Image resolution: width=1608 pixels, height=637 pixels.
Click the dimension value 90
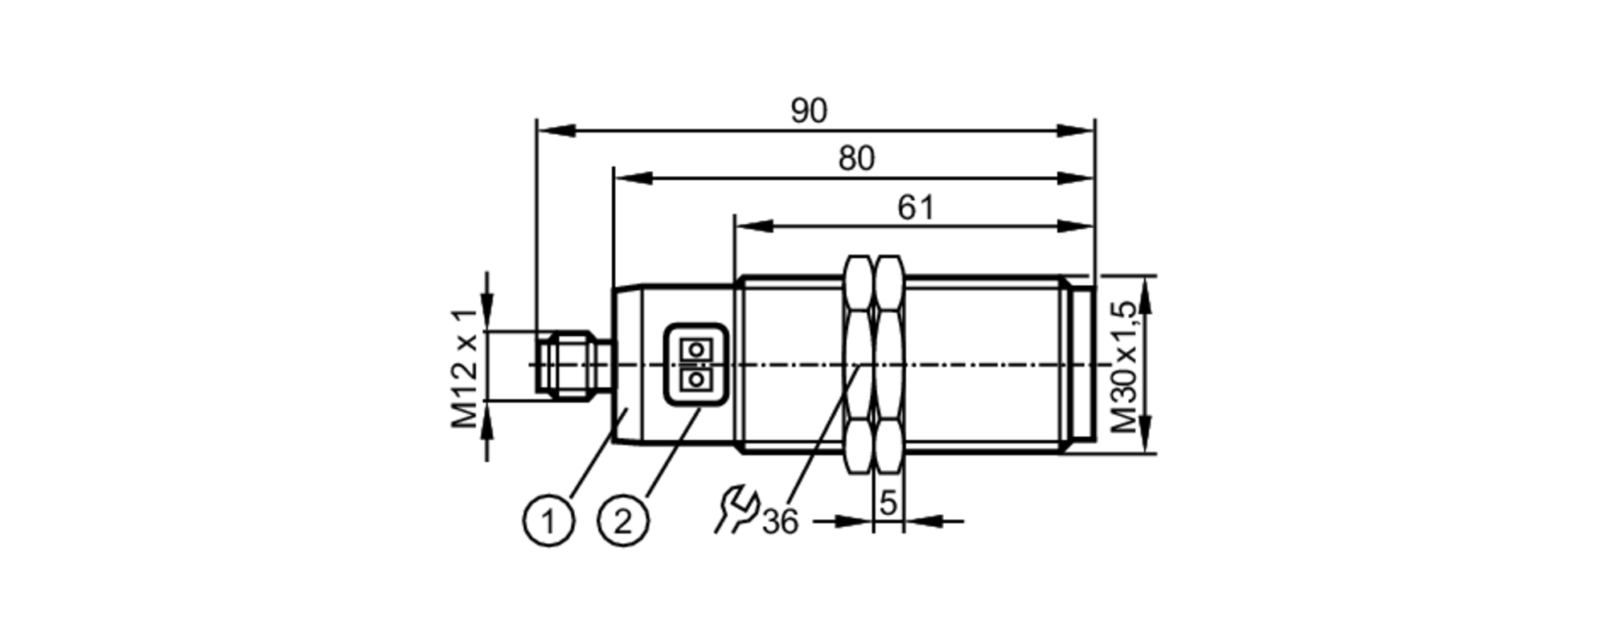pyautogui.click(x=808, y=112)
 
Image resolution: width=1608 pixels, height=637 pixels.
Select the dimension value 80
pyautogui.click(x=855, y=159)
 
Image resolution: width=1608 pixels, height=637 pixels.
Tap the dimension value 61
pyautogui.click(x=916, y=208)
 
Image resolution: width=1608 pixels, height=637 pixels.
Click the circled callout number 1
pyautogui.click(x=549, y=522)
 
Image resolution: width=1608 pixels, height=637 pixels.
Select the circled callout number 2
pyautogui.click(x=623, y=522)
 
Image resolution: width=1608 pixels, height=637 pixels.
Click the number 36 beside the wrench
pyautogui.click(x=780, y=523)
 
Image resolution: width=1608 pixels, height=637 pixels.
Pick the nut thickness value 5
pyautogui.click(x=888, y=504)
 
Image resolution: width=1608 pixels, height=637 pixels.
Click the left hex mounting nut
pyautogui.click(x=859, y=364)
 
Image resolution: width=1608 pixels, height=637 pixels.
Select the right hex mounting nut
pyautogui.click(x=889, y=364)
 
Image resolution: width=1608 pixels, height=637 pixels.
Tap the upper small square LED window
pyautogui.click(x=695, y=349)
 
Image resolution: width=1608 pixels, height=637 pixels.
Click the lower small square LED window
pyautogui.click(x=695, y=378)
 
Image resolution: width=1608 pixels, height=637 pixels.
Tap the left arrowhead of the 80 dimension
pyautogui.click(x=632, y=178)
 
